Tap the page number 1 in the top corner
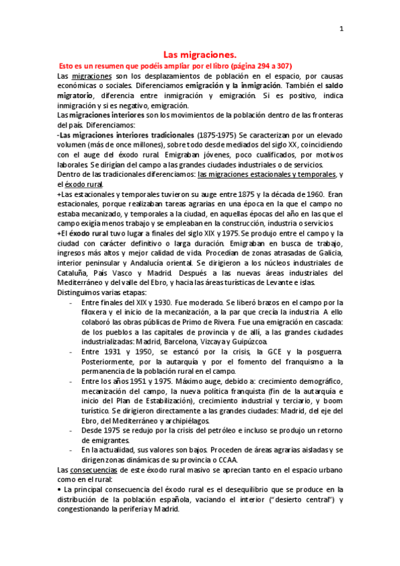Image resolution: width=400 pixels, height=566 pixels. [x=342, y=29]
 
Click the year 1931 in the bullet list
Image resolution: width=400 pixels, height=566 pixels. [x=121, y=350]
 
